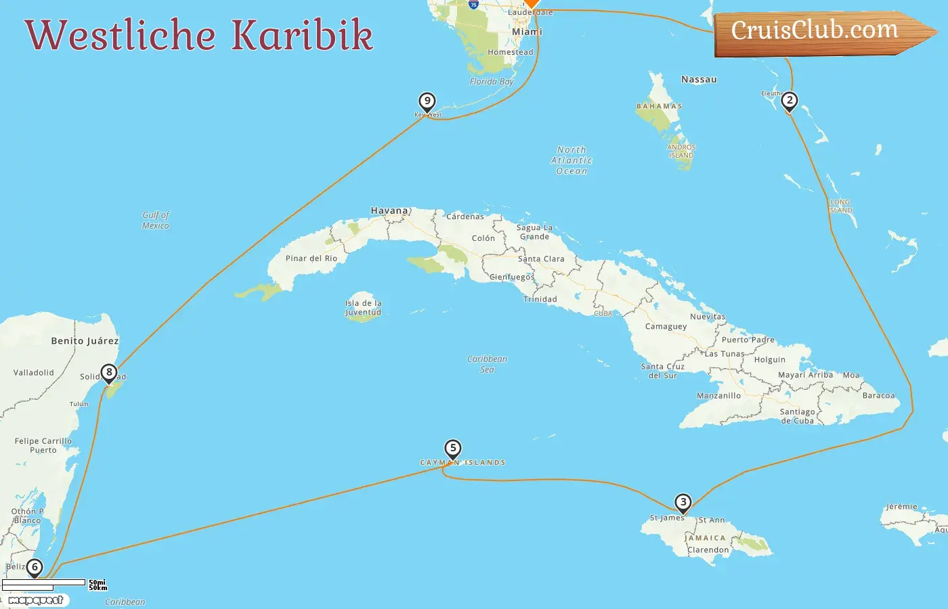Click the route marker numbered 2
point(789,101)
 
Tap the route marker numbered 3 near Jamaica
point(683,503)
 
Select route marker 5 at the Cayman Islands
point(453,449)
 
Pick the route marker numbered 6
point(34,568)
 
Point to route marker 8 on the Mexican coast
point(109,373)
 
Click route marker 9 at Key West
point(427,102)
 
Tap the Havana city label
point(389,210)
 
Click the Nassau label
point(699,79)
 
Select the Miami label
point(527,32)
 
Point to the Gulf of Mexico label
point(156,221)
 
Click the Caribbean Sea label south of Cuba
point(487,364)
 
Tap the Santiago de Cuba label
point(798,416)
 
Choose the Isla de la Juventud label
point(364,308)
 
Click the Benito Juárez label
point(85,341)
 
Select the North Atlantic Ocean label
point(572,160)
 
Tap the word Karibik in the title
point(302,35)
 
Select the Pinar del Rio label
point(311,258)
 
